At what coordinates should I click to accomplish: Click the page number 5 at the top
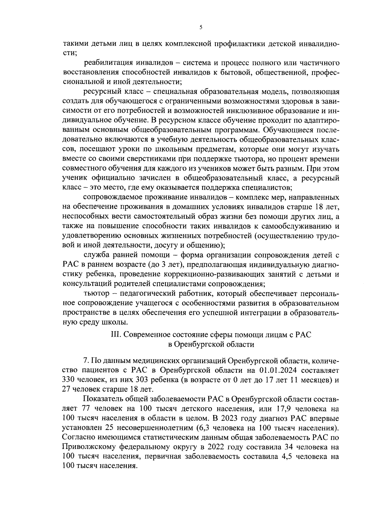pyautogui.click(x=201, y=27)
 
